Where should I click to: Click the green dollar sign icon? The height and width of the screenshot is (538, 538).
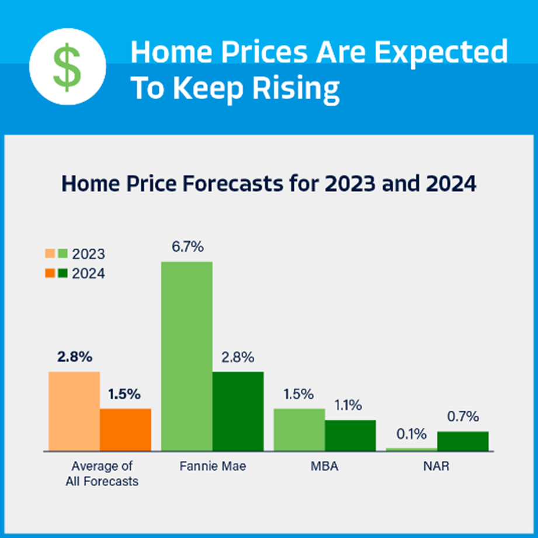[x=67, y=67]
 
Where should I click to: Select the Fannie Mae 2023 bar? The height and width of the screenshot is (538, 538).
[x=187, y=356]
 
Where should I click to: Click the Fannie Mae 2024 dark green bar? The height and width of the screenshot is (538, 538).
[x=238, y=411]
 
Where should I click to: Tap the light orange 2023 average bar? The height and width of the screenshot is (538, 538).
[x=74, y=411]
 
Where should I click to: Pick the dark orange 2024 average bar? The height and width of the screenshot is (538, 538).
[x=126, y=429]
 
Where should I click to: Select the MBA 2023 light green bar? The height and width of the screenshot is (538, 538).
[x=299, y=429]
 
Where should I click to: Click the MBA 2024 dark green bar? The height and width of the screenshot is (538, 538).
[x=350, y=435]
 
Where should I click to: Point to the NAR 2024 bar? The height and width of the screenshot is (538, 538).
[x=463, y=441]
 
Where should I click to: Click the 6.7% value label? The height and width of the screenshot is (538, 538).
[x=188, y=247]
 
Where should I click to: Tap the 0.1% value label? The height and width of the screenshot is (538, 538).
[x=411, y=434]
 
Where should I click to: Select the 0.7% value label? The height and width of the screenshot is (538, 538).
[x=463, y=417]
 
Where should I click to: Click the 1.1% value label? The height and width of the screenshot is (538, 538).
[x=348, y=405]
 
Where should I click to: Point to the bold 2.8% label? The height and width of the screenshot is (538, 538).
[x=75, y=357]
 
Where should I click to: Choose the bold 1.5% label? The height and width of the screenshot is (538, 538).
[x=124, y=394]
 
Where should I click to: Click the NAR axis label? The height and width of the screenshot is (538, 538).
[x=436, y=466]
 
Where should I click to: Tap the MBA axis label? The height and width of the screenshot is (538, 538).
[x=324, y=466]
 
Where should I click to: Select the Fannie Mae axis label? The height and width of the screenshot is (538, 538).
[x=213, y=466]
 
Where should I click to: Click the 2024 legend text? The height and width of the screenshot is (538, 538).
[x=88, y=274]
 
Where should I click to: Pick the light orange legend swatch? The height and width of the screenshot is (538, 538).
[x=50, y=254]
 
